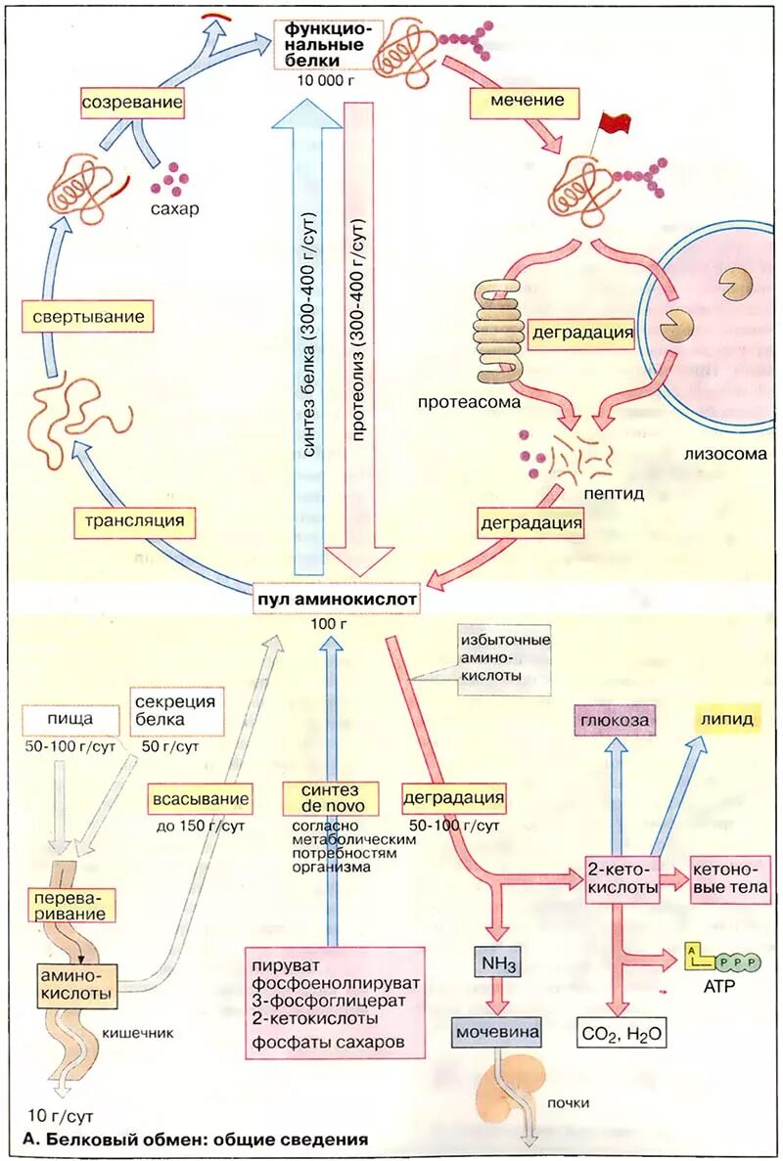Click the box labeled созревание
coord(132,102)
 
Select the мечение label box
coord(527,101)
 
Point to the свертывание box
coord(88,318)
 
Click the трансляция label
coord(129,519)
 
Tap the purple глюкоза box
coord(614,720)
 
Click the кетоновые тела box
coord(730,878)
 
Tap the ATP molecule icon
coord(723,961)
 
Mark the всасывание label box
coord(200,800)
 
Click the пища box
coord(69,718)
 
